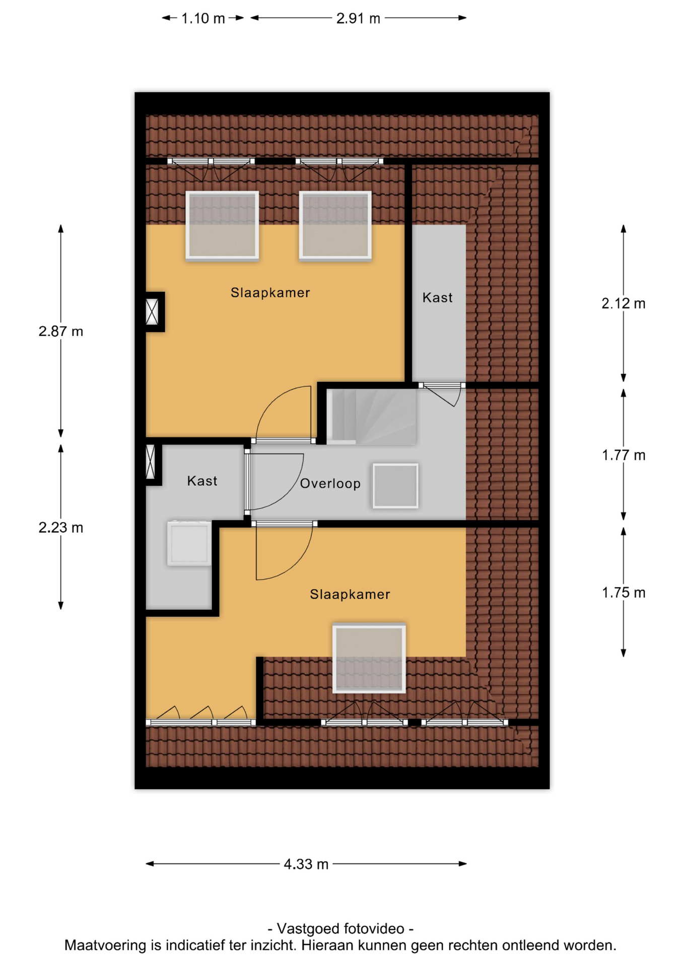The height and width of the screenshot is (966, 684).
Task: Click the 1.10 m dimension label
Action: pos(202,19)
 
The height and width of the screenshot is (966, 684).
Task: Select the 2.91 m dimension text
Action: pos(358,19)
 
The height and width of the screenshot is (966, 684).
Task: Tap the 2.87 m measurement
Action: pos(61,332)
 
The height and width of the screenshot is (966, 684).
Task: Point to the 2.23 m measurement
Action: pos(61,528)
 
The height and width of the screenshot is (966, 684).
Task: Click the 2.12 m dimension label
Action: pos(624,304)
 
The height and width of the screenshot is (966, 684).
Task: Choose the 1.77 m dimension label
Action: pos(624,455)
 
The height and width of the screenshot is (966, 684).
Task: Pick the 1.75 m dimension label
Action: pos(624,593)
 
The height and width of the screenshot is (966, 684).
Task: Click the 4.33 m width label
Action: pos(306,864)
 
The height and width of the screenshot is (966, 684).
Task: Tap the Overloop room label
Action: pos(330,484)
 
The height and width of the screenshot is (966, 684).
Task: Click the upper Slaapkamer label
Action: pos(270,293)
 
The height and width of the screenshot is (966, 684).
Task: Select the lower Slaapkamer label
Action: pos(350,595)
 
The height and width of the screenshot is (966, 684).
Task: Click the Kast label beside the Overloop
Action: pos(202,481)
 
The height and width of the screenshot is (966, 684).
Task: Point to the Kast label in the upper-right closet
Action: pos(437,298)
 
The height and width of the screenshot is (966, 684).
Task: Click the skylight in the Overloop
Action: pos(395,486)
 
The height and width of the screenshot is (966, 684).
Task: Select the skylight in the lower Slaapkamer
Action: pos(369,659)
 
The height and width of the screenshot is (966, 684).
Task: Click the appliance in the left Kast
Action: pos(189,543)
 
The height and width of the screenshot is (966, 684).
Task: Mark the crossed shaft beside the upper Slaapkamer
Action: pos(152,312)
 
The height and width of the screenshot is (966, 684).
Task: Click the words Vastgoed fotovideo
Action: pos(340,929)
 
